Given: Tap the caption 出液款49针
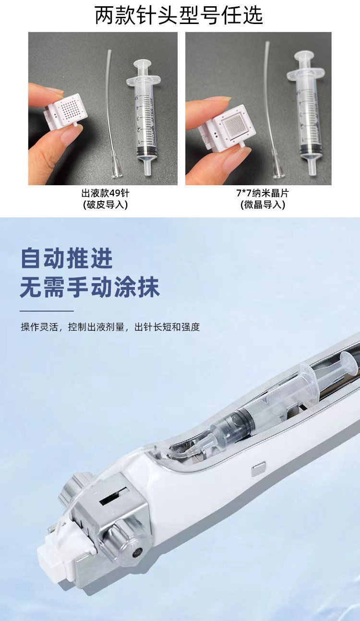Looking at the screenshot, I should [x=105, y=193].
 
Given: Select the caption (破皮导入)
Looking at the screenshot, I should [x=105, y=205].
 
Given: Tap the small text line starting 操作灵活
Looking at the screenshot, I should [x=110, y=327].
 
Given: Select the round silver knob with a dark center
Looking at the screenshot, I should [x=136, y=550].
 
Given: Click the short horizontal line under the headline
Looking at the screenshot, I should [x=47, y=311].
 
